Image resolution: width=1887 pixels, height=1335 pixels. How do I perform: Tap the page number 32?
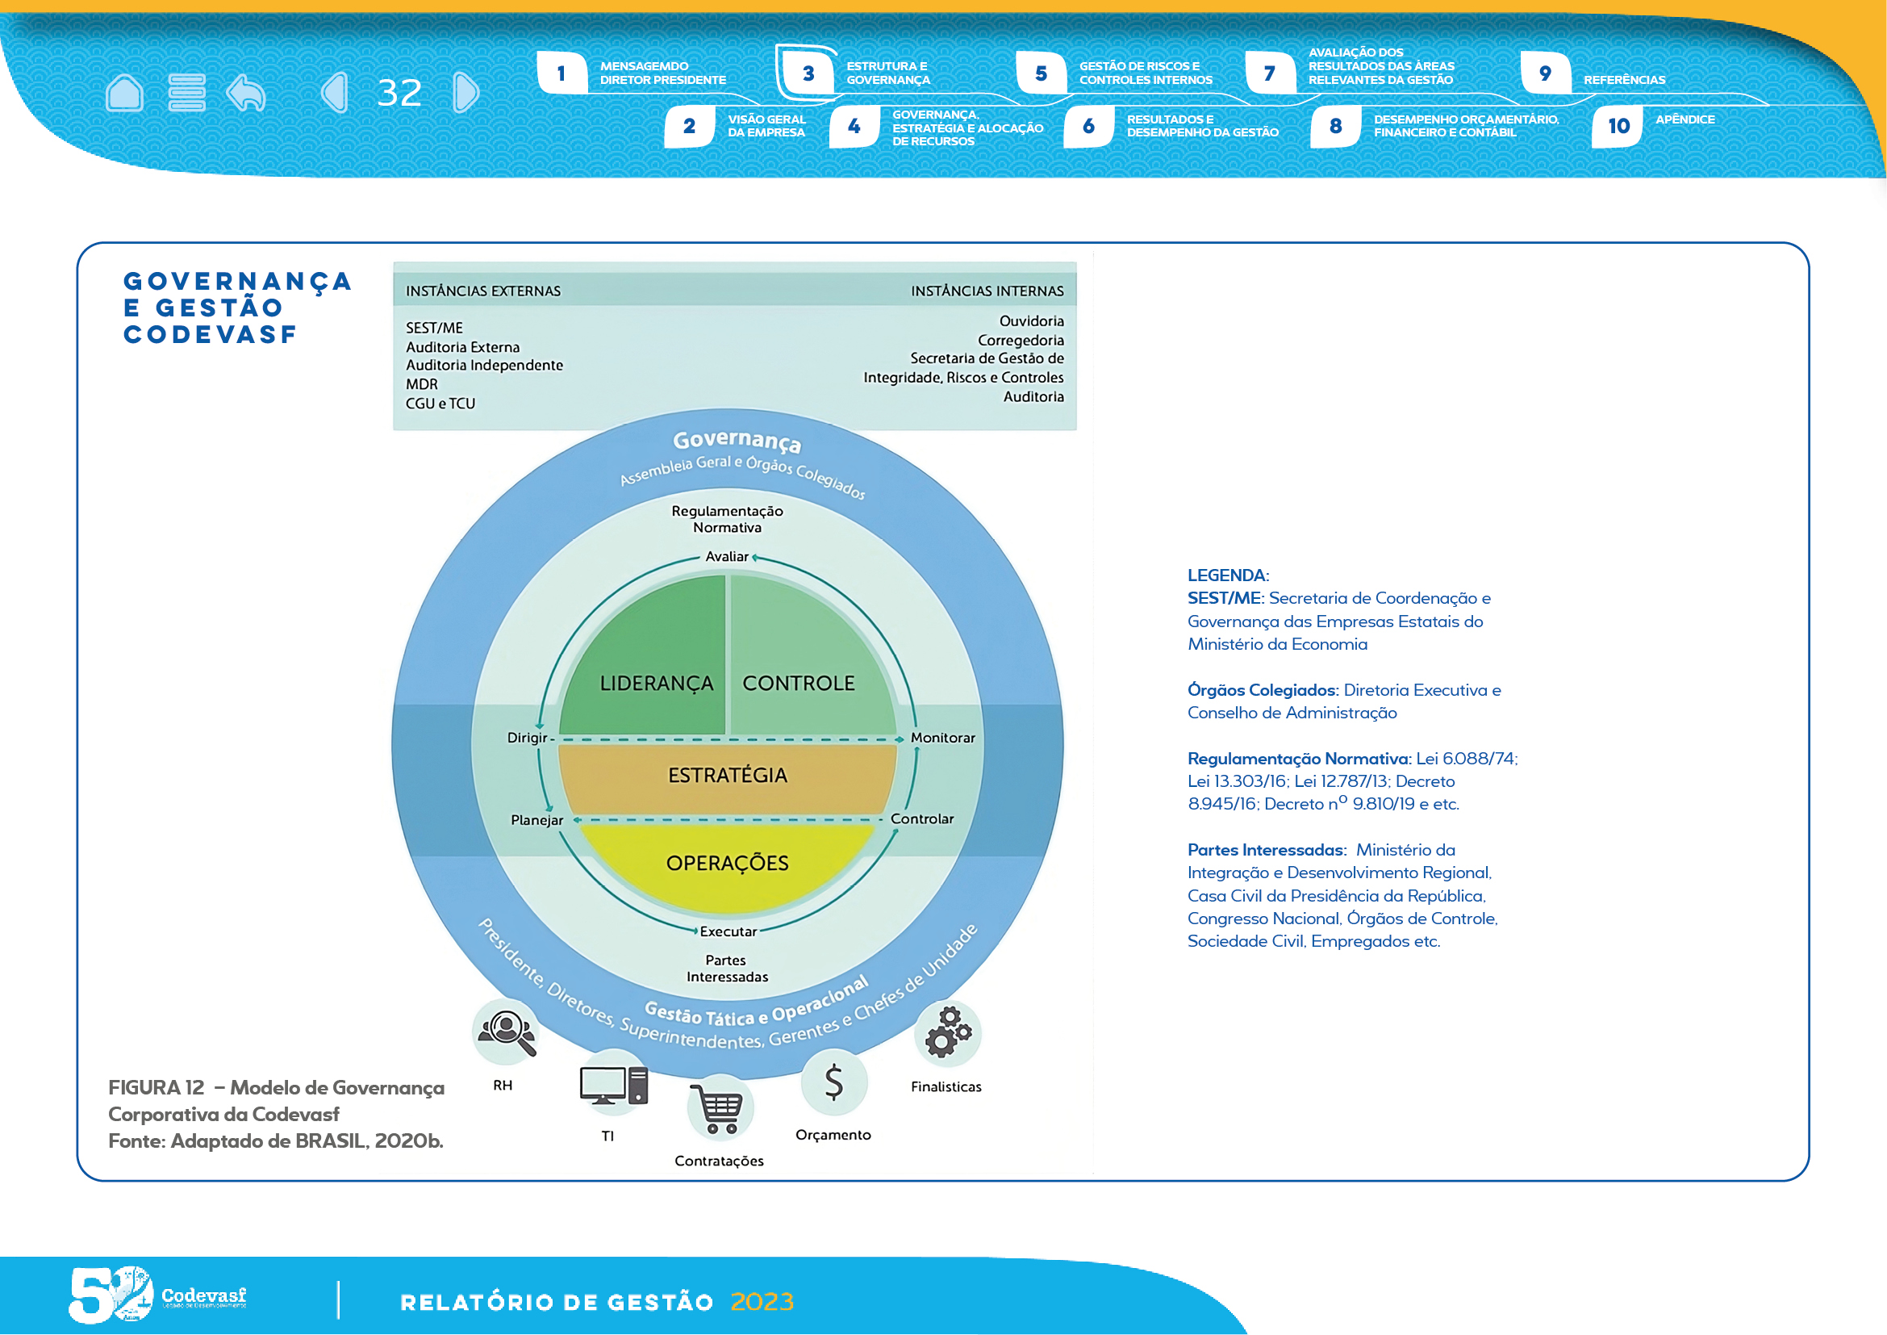pyautogui.click(x=399, y=93)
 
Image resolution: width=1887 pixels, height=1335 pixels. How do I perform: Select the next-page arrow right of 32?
pyautogui.click(x=466, y=92)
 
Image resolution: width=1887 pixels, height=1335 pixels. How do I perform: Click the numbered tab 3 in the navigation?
pyautogui.click(x=808, y=73)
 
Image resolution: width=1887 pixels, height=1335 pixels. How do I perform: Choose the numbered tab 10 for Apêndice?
pyautogui.click(x=1618, y=126)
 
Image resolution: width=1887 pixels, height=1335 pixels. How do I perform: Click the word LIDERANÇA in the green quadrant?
pyautogui.click(x=656, y=683)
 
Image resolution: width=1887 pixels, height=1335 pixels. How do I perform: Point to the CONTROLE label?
pyautogui.click(x=798, y=683)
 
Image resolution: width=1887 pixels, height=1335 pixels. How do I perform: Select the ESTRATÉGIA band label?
pyautogui.click(x=728, y=775)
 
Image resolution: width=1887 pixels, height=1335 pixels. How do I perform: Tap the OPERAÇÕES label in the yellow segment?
pyautogui.click(x=728, y=863)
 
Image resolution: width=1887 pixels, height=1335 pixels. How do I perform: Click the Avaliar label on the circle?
pyautogui.click(x=727, y=557)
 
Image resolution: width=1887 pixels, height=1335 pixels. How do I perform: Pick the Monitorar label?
pyautogui.click(x=942, y=739)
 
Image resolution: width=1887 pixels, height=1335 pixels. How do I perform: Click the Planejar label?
pyautogui.click(x=536, y=820)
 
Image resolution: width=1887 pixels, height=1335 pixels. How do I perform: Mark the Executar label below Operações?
pyautogui.click(x=728, y=931)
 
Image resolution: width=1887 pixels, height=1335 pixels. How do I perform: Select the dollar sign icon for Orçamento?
pyautogui.click(x=833, y=1082)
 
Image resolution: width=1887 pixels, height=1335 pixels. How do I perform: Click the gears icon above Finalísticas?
pyautogui.click(x=949, y=1032)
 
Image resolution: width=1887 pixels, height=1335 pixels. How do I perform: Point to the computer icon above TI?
pyautogui.click(x=613, y=1086)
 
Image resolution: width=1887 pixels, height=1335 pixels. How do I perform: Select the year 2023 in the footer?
pyautogui.click(x=762, y=1302)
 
